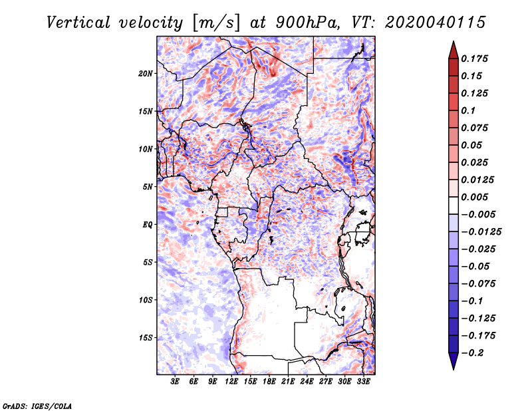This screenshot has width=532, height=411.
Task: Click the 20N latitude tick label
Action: (x=146, y=74)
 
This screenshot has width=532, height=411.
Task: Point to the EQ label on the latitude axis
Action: (x=148, y=225)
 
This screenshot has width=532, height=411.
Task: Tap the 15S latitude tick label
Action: (x=146, y=338)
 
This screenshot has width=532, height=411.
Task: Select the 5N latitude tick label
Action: (x=148, y=187)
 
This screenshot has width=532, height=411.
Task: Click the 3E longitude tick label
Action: (x=175, y=382)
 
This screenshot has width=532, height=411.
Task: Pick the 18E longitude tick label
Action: (x=269, y=382)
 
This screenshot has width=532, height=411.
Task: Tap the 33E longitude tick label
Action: (x=363, y=382)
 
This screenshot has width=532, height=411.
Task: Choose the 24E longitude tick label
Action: (x=307, y=382)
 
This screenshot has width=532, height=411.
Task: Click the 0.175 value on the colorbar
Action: (x=474, y=59)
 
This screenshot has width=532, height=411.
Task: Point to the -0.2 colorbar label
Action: (x=472, y=353)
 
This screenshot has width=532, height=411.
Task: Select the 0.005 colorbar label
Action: (x=474, y=197)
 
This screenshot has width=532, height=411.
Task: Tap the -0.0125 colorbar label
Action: (x=481, y=232)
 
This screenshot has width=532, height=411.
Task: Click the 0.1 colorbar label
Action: (x=468, y=110)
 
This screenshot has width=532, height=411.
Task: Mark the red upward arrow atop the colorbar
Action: (x=454, y=50)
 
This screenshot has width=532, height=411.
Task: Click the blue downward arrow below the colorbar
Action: (x=454, y=361)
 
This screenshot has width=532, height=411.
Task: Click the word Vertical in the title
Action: (x=78, y=23)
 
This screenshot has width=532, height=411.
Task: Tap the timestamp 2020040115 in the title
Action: (x=436, y=23)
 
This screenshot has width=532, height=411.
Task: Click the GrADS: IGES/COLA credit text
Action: (x=37, y=406)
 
